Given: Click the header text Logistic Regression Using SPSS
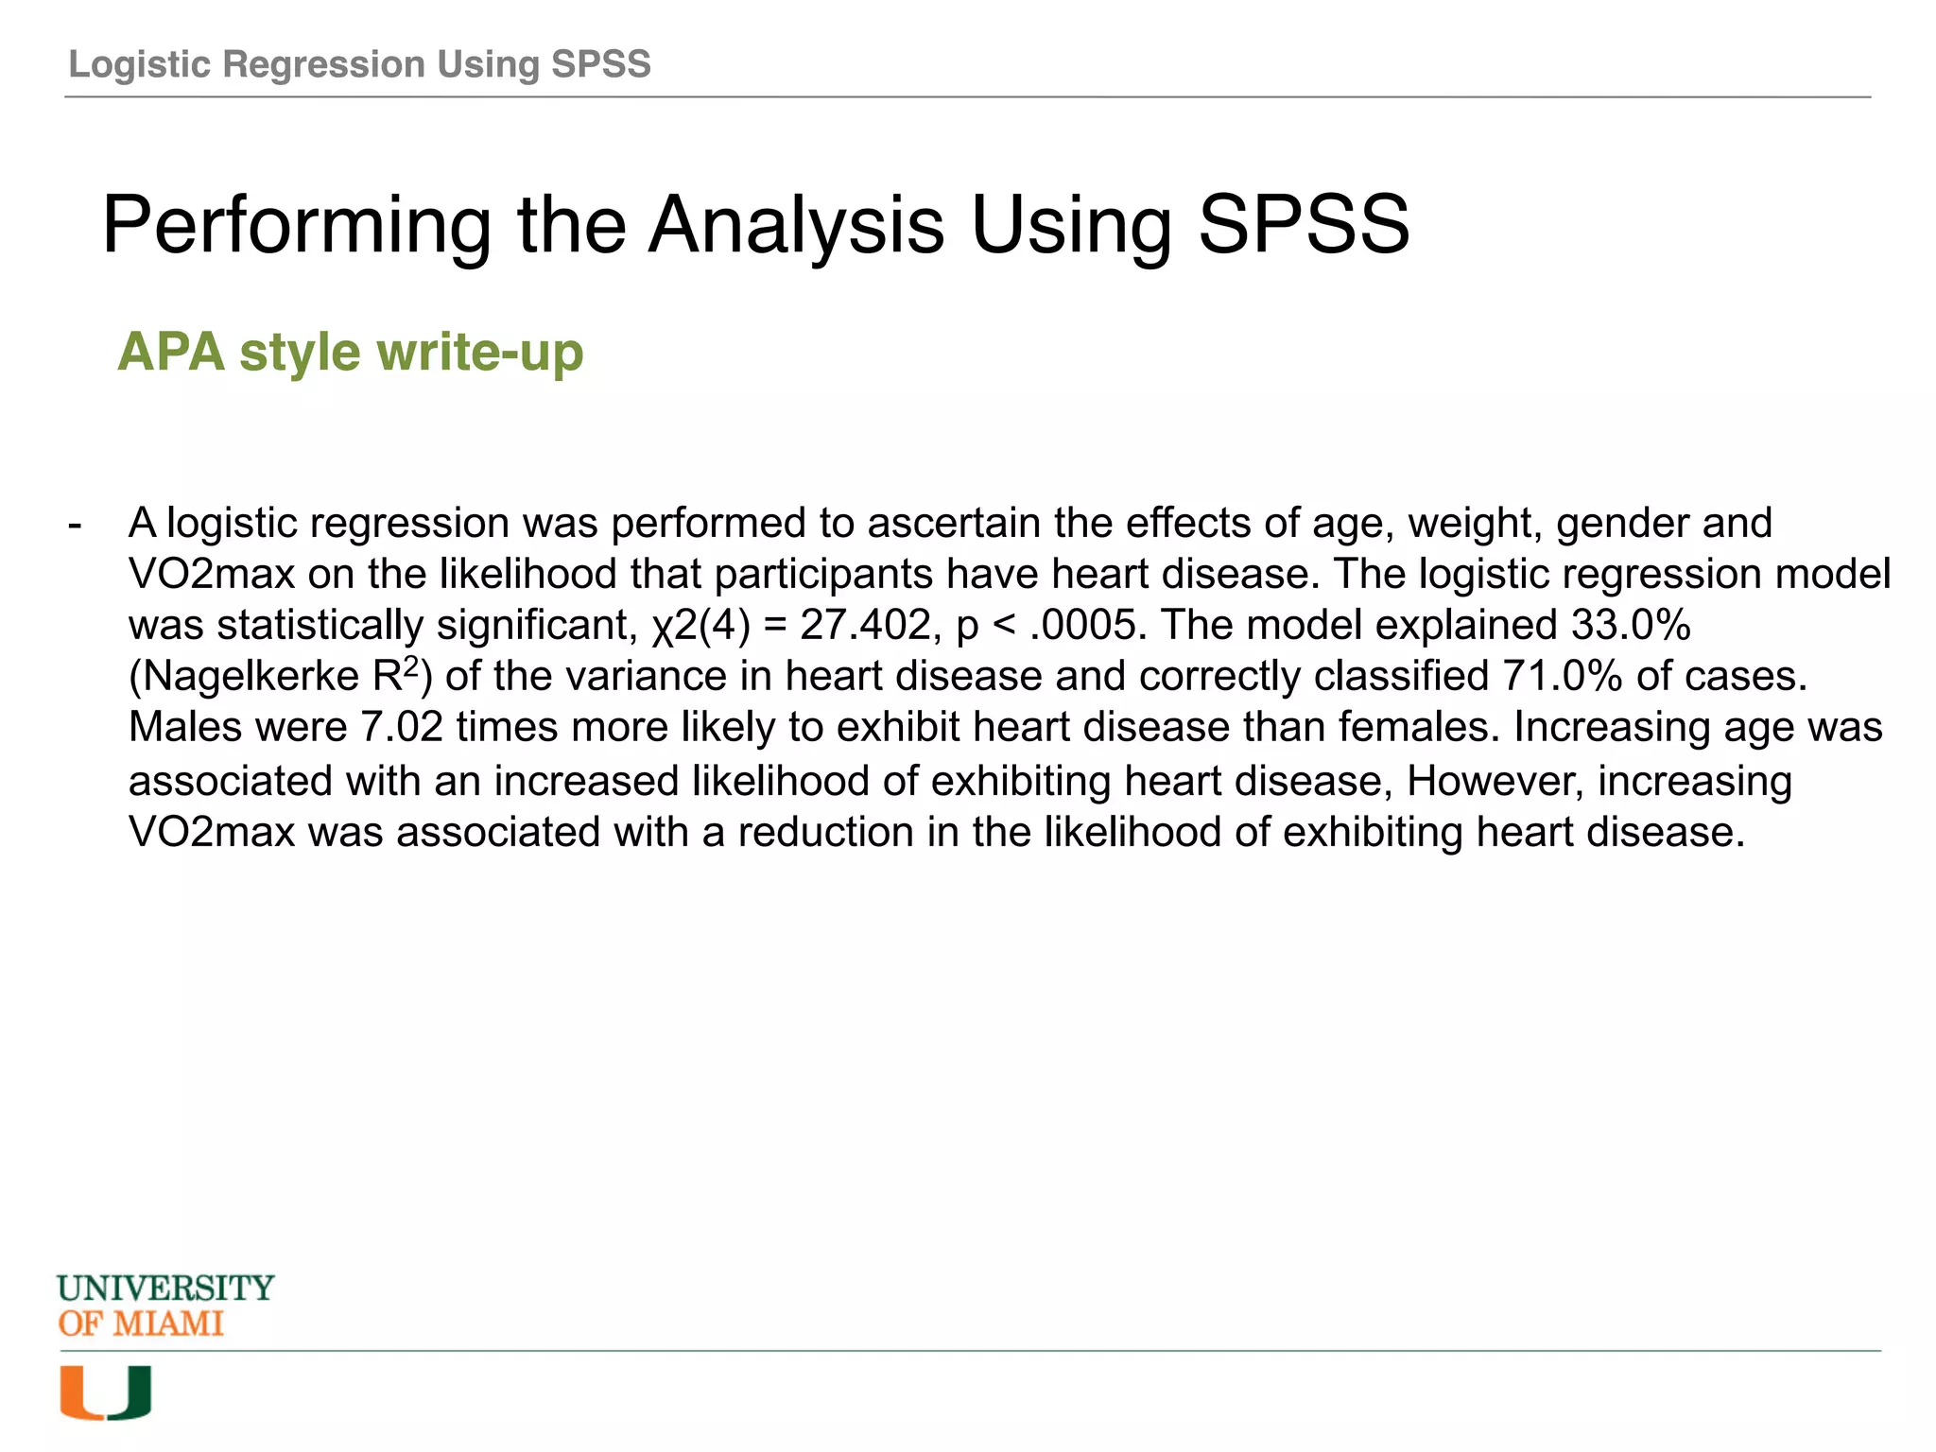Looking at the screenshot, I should (359, 64).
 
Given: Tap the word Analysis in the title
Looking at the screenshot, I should (796, 225).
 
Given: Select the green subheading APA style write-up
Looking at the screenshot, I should (350, 352).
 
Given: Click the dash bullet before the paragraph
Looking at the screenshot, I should (75, 524).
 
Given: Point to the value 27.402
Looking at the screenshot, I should (865, 625).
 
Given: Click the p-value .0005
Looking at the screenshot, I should (1087, 625).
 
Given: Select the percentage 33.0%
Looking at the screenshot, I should (1631, 625).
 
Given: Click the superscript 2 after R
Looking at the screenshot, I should (411, 666).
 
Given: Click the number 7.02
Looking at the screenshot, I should (402, 727).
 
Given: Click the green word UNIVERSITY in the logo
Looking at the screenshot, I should (165, 1288).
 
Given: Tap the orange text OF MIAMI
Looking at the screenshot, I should (141, 1323).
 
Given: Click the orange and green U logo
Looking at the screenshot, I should (105, 1392).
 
